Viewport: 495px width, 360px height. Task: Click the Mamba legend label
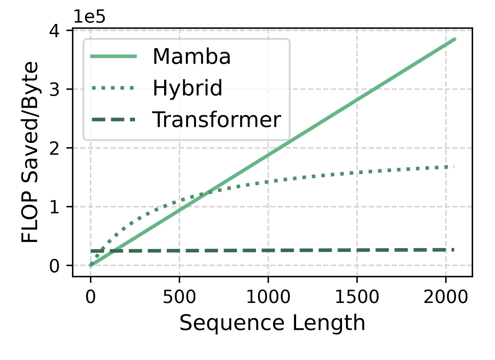tap(191, 57)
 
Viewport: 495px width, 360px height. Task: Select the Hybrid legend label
tap(187, 88)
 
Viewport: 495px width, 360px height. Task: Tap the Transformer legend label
tap(217, 119)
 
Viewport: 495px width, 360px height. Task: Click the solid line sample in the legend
tap(113, 57)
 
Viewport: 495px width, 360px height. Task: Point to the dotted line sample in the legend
tap(113, 88)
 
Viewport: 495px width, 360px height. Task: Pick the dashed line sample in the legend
tap(113, 119)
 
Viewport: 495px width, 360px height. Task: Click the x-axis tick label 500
tap(179, 297)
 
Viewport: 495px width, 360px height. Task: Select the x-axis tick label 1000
tap(268, 297)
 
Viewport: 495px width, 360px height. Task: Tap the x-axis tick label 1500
tap(357, 297)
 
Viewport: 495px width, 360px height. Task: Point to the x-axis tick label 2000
tap(446, 297)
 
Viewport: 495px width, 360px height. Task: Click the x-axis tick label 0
tap(91, 297)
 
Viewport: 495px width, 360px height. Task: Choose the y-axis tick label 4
tap(54, 31)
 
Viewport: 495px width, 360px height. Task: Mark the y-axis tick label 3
tap(54, 89)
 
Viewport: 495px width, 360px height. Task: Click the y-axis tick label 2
tap(54, 148)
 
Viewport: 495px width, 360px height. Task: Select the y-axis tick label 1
tap(54, 207)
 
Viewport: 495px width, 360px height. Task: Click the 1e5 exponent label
tap(89, 17)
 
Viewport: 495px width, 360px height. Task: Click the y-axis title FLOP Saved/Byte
tap(30, 152)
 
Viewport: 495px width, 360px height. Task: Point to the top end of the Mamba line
tap(455, 39)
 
